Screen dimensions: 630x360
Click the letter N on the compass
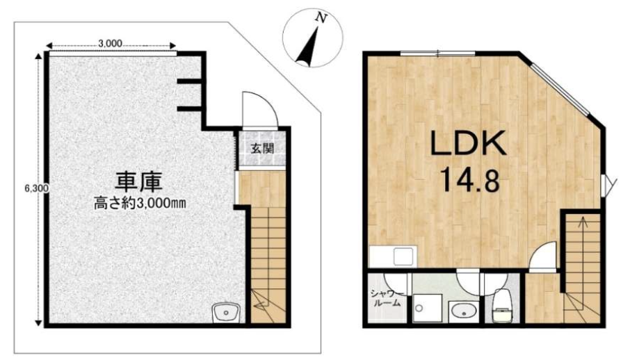[321, 17]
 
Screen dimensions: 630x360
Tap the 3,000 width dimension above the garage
[110, 44]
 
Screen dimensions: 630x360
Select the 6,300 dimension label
[37, 188]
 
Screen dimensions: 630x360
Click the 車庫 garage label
[139, 182]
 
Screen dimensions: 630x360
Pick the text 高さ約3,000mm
[139, 203]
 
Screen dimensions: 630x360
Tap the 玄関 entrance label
[262, 148]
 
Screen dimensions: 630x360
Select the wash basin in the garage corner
[226, 313]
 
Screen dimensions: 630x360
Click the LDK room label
[468, 143]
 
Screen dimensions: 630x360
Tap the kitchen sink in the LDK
[404, 256]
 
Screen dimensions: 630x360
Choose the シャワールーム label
[385, 297]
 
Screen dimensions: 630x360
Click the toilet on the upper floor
[502, 305]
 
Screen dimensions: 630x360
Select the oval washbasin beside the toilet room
[464, 311]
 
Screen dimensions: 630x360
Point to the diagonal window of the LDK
[559, 88]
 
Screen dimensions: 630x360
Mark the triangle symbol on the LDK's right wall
[608, 186]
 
